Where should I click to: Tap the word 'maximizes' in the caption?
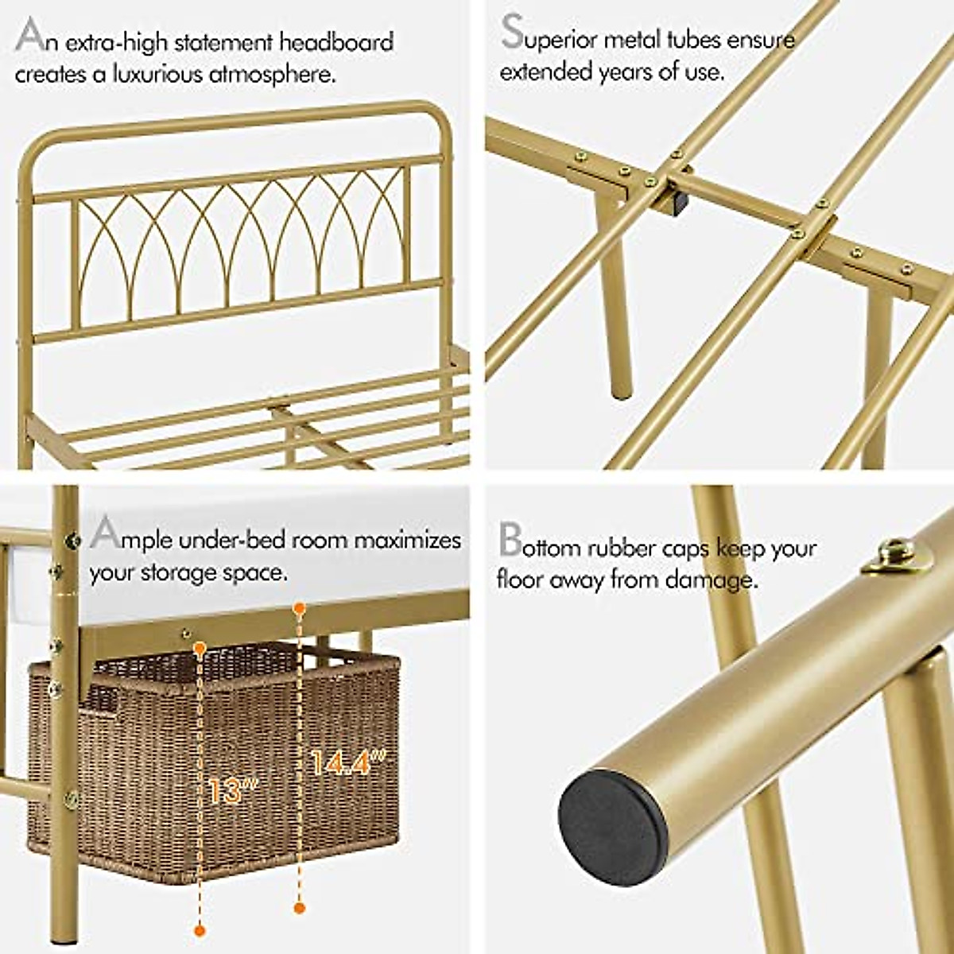click(x=407, y=540)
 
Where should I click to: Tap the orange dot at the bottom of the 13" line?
click(x=200, y=929)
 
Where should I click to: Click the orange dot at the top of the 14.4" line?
click(x=300, y=609)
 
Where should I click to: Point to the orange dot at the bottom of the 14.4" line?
click(x=300, y=907)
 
